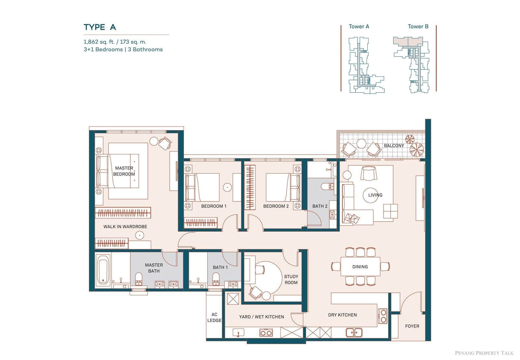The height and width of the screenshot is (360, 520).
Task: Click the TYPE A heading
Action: click(x=99, y=27)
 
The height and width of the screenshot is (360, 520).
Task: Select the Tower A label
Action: click(x=359, y=26)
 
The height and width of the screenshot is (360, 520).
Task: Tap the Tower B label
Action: click(x=418, y=26)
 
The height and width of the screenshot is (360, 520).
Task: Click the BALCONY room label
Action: click(x=394, y=146)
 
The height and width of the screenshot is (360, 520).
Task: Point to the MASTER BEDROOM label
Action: click(x=124, y=171)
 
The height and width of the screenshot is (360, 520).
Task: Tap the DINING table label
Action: click(x=360, y=267)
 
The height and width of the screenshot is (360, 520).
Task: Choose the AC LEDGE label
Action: click(x=214, y=317)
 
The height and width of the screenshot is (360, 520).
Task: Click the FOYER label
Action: click(x=412, y=326)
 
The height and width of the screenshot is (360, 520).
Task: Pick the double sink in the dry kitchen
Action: click(x=354, y=332)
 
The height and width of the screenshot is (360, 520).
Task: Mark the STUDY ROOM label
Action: click(x=291, y=279)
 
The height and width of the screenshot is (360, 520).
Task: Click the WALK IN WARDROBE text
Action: click(x=125, y=226)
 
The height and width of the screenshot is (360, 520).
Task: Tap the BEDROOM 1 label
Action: click(x=214, y=206)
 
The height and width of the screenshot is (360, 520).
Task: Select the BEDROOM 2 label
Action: click(x=276, y=206)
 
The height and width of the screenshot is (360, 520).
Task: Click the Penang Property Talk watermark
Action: click(x=484, y=353)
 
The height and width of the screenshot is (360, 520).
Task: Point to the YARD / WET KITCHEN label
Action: click(x=261, y=317)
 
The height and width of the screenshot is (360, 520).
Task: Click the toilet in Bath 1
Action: click(x=216, y=279)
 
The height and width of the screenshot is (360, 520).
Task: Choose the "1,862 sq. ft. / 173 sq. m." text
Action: click(x=115, y=42)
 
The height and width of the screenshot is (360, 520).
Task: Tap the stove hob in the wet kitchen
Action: click(x=266, y=333)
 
